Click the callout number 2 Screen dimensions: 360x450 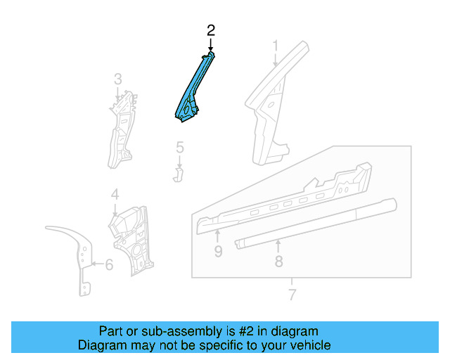(210, 30)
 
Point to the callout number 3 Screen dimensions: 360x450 (118, 78)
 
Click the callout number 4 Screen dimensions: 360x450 (115, 194)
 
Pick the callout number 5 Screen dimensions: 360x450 (179, 148)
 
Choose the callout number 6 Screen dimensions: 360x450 (109, 265)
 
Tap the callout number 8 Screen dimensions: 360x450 (278, 262)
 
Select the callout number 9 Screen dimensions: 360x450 (218, 251)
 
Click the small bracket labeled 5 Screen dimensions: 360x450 (178, 172)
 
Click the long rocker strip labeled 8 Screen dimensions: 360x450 (316, 225)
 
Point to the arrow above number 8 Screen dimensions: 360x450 (278, 245)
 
